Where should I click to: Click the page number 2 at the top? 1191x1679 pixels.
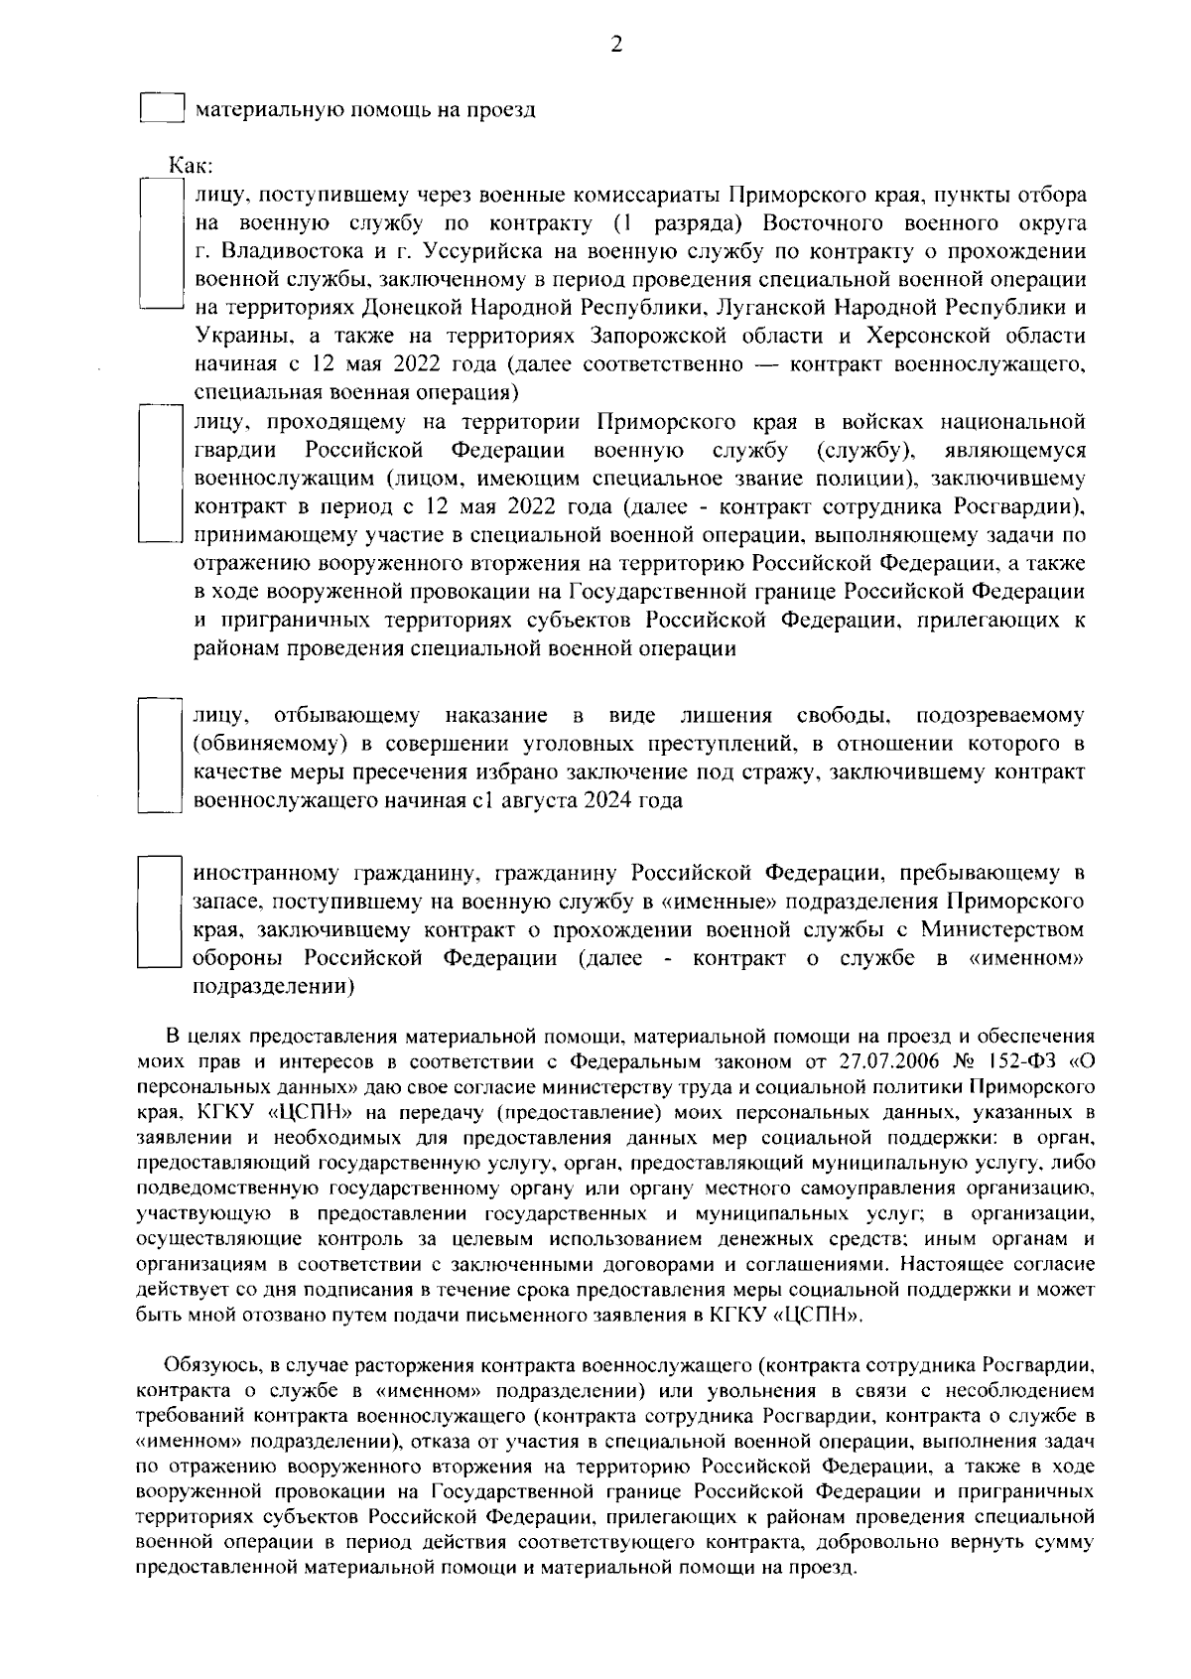[616, 45]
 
